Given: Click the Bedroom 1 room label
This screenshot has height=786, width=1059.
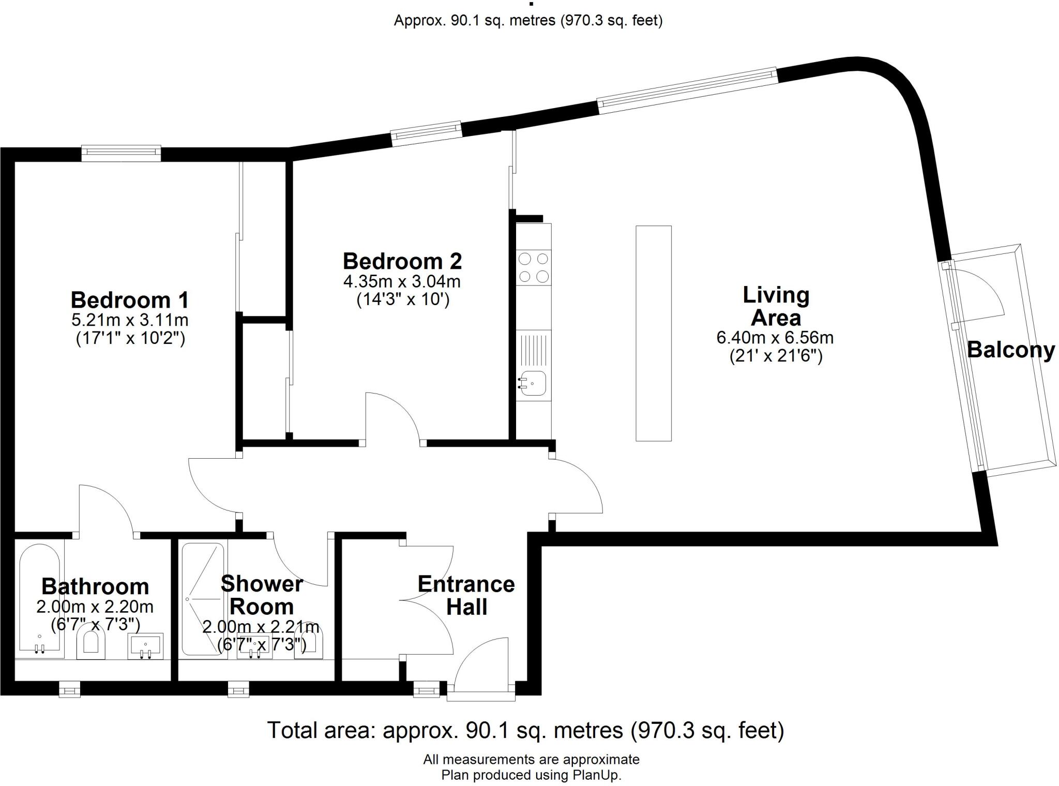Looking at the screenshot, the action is (x=130, y=300).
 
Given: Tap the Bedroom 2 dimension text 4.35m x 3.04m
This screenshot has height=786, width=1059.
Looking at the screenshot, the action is (x=402, y=282).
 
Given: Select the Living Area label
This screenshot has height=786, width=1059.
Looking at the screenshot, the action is (x=776, y=306).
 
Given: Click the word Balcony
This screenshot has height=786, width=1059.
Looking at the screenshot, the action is (x=1011, y=350).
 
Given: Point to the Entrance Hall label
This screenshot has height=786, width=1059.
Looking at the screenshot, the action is (x=466, y=595).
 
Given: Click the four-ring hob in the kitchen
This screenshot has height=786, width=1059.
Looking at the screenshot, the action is (x=534, y=268).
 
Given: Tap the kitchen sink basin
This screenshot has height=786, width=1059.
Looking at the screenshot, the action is (x=533, y=383).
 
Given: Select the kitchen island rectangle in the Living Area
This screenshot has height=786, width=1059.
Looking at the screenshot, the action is (x=654, y=334).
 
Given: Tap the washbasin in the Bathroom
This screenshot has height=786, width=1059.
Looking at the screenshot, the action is (x=145, y=646).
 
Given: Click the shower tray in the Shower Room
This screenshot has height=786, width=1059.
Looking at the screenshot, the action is (x=203, y=599).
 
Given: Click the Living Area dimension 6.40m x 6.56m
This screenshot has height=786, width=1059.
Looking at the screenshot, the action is (x=775, y=338).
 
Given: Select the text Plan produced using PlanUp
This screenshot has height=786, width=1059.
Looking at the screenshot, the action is (x=531, y=775).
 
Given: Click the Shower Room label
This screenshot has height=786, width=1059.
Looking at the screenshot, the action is (x=262, y=595).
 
